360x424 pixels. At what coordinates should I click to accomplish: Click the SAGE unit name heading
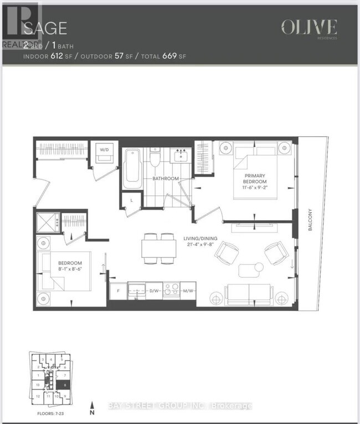click(45, 28)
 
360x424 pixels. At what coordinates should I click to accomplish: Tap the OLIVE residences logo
click(308, 28)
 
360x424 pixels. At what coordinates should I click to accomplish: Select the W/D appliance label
click(104, 149)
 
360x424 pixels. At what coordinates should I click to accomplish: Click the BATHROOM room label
click(166, 178)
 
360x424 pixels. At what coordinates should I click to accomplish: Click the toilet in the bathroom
click(156, 162)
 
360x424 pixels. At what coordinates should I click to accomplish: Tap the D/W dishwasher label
click(155, 290)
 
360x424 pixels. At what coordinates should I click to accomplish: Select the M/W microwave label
click(188, 290)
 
